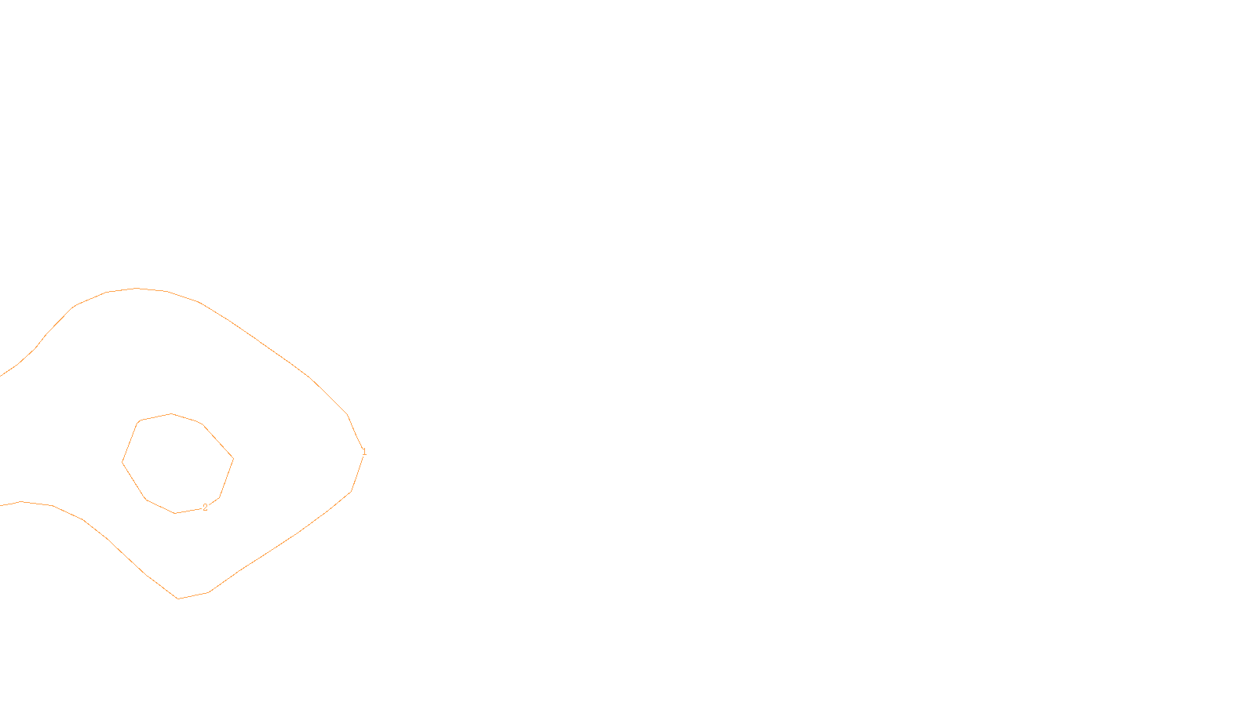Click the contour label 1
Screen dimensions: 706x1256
364,452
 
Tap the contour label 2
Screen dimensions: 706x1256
206,508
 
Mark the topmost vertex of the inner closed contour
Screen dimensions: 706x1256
172,413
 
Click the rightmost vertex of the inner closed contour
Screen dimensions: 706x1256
233,459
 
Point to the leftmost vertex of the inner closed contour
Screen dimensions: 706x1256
122,462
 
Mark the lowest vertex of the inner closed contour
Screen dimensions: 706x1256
174,513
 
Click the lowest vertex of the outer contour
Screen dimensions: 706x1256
178,599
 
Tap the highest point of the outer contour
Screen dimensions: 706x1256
137,288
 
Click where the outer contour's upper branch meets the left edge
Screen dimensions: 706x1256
1,376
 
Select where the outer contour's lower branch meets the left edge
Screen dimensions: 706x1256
1,505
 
